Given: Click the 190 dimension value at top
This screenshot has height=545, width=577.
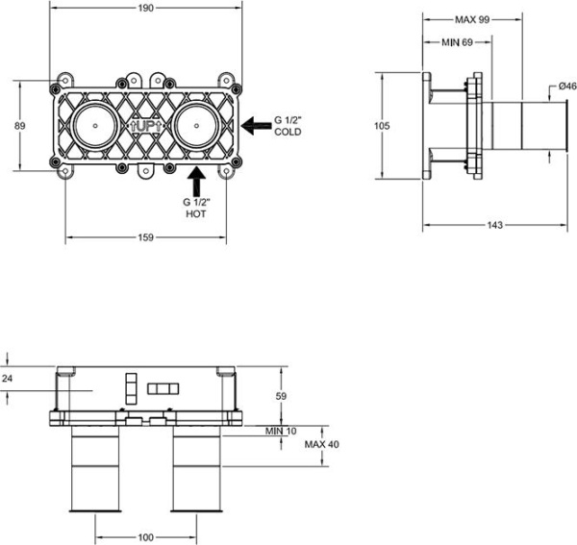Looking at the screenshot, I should click(145, 10).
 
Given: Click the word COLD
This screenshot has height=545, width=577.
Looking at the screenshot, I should click(288, 132).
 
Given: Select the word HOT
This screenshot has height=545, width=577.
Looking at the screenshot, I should click(195, 215).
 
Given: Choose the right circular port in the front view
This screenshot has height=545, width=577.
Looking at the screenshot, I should click(197, 126).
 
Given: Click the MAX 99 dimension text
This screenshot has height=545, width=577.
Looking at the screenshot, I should click(472, 18).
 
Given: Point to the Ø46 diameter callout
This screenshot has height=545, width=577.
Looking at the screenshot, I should click(567, 87).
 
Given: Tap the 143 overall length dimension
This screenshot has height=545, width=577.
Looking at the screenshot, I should click(494, 225).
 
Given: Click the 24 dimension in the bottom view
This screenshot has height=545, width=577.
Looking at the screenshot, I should click(9, 379).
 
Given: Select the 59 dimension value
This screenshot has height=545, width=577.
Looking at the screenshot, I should click(282, 395).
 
